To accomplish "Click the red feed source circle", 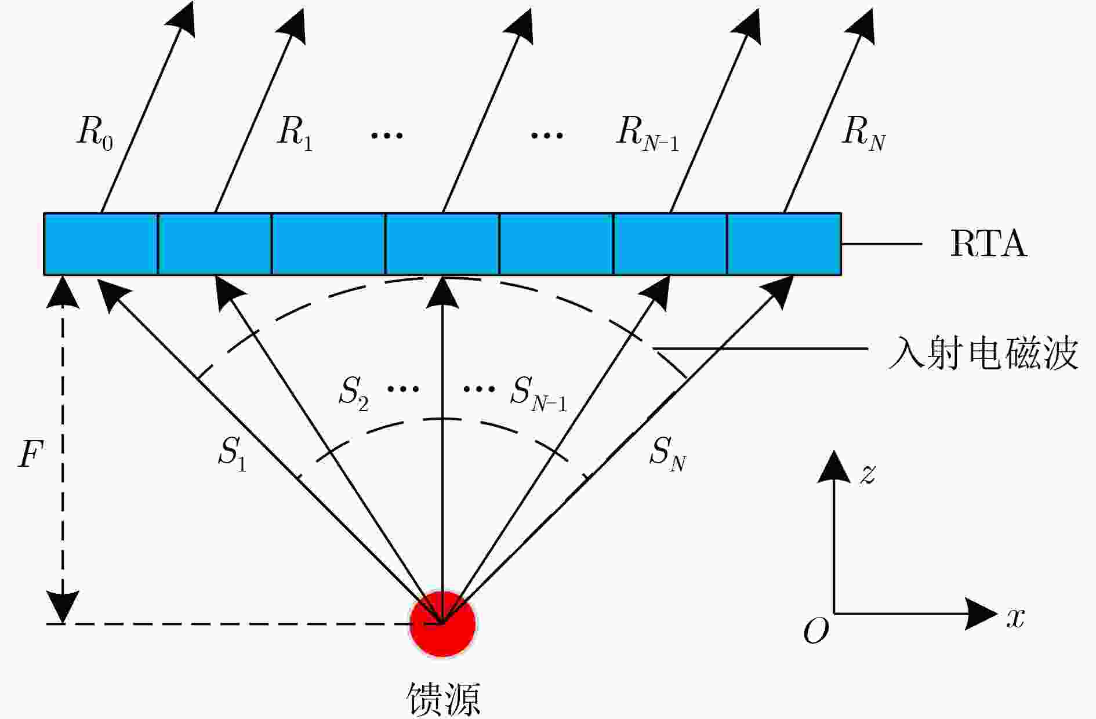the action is coord(442,624).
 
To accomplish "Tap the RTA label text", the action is coord(988,244).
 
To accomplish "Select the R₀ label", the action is coord(95,133).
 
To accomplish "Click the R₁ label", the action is coord(295,133).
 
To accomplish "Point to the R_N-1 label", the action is coord(647,133).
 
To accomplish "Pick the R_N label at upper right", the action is coord(863,133).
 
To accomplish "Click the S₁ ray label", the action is coord(232,453).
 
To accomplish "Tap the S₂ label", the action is coord(354,393).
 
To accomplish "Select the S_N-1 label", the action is coord(539,393).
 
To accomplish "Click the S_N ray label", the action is coord(667,453).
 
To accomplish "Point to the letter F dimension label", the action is coord(31,453).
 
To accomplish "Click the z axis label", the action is coord(868,474).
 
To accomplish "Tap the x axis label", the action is coord(1015,618).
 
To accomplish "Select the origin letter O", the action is coord(816,630).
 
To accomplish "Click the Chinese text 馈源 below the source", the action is coord(443,698).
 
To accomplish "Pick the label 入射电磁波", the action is coord(984,353).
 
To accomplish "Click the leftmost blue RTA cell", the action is coord(101,244).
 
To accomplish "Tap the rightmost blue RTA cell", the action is coord(784,244).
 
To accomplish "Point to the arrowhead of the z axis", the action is coord(834,466).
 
